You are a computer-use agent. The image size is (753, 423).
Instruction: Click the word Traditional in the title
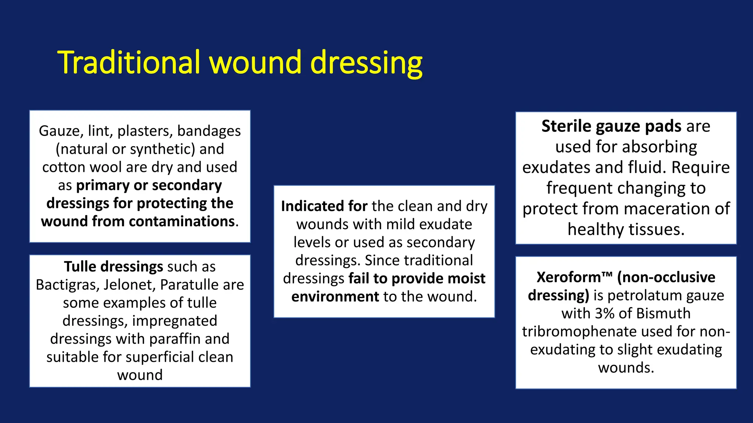pyautogui.click(x=129, y=62)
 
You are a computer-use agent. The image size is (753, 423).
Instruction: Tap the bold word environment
pyautogui.click(x=335, y=297)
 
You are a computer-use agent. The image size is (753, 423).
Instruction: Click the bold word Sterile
pyautogui.click(x=566, y=126)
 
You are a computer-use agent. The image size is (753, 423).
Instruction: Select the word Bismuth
pyautogui.click(x=663, y=314)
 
